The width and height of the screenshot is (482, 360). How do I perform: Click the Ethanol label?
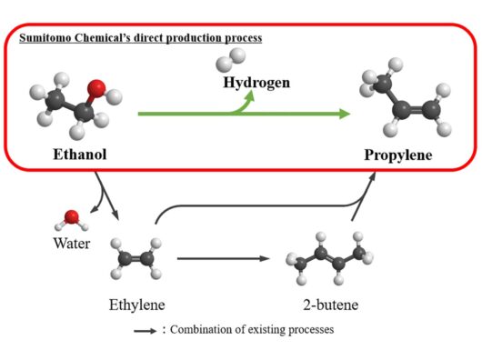click(x=80, y=155)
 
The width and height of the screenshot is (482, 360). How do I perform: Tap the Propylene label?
click(x=398, y=155)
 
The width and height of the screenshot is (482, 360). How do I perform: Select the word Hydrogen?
click(x=256, y=83)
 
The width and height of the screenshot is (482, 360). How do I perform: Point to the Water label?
click(x=72, y=244)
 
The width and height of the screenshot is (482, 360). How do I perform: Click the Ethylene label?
click(x=137, y=305)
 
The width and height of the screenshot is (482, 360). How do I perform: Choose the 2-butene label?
click(x=331, y=305)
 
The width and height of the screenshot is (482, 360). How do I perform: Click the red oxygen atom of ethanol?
click(x=96, y=89)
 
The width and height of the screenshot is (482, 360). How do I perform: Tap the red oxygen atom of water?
click(x=72, y=217)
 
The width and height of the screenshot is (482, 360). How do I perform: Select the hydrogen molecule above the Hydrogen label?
click(x=231, y=60)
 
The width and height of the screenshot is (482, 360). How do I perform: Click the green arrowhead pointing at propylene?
click(x=345, y=114)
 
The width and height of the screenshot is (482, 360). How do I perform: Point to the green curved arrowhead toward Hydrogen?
click(x=249, y=95)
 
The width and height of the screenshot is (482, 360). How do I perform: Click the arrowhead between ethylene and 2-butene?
click(x=265, y=258)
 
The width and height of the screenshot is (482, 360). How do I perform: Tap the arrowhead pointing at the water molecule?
click(x=94, y=209)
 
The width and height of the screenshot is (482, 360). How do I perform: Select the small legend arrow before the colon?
click(x=146, y=331)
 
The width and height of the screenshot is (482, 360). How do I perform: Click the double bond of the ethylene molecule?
click(x=136, y=258)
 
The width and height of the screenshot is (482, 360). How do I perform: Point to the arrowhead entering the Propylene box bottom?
click(x=372, y=176)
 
